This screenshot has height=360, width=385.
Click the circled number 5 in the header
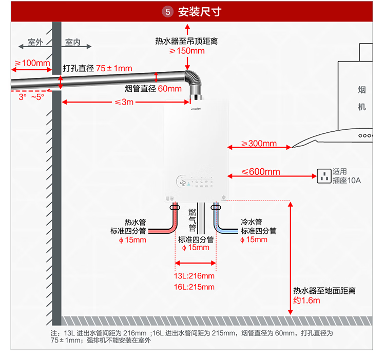pyautogui.click(x=168, y=12)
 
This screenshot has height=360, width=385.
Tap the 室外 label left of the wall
pyautogui.click(x=35, y=42)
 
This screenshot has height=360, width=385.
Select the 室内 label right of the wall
pyautogui.click(x=73, y=42)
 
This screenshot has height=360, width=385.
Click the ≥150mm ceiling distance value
pyautogui.click(x=187, y=51)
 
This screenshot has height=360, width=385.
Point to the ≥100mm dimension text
pyautogui.click(x=32, y=63)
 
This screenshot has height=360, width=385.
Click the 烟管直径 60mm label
pyautogui.click(x=153, y=89)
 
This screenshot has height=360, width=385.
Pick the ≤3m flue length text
pyautogui.click(x=124, y=102)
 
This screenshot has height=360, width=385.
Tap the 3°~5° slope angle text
pyautogui.click(x=31, y=97)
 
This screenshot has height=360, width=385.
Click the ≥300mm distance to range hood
pyautogui.click(x=259, y=143)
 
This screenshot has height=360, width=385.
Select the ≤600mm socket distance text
pyautogui.click(x=260, y=172)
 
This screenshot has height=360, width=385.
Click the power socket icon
pyautogui.click(x=324, y=176)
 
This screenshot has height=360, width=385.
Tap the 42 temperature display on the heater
pyautogui.click(x=183, y=183)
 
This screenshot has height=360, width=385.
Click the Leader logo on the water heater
pyautogui.click(x=196, y=109)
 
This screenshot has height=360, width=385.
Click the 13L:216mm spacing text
pyautogui.click(x=194, y=276)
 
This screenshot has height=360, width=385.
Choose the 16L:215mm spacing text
pyautogui.click(x=194, y=287)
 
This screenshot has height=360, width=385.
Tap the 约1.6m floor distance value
pyautogui.click(x=306, y=301)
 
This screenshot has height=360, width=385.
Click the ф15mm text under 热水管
pyautogui.click(x=132, y=240)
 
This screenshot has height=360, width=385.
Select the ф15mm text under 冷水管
pyautogui.click(x=254, y=239)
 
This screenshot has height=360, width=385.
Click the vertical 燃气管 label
pyautogui.click(x=192, y=220)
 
